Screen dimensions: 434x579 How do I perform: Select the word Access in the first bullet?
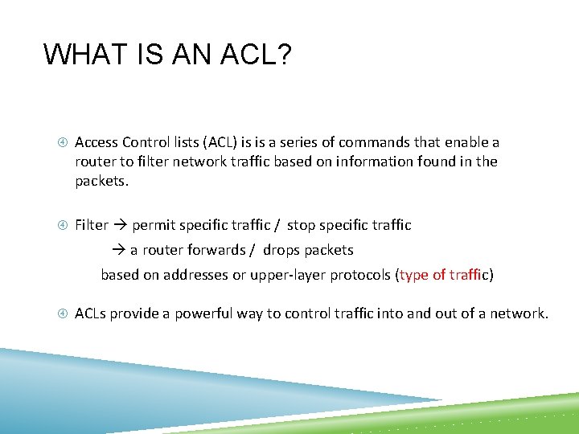(x=96, y=142)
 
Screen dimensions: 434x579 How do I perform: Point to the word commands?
(x=375, y=142)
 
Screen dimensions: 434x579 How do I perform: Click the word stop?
(x=302, y=226)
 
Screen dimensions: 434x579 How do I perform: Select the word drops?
(x=281, y=251)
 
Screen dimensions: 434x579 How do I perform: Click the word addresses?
(x=195, y=276)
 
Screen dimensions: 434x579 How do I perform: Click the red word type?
(x=413, y=276)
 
